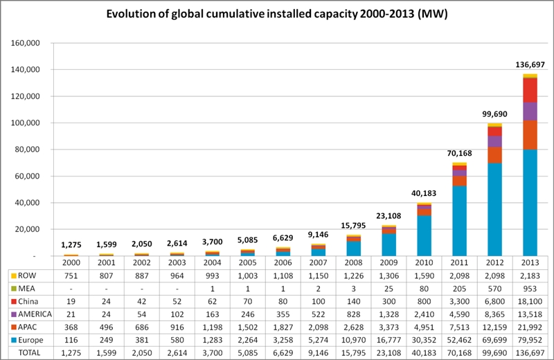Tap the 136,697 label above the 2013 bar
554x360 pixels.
tap(530, 64)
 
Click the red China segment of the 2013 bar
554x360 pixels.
tap(530, 90)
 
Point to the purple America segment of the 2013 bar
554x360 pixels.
tap(530, 111)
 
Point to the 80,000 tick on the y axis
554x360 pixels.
tap(26, 150)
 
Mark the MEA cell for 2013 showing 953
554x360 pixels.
tap(530, 287)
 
